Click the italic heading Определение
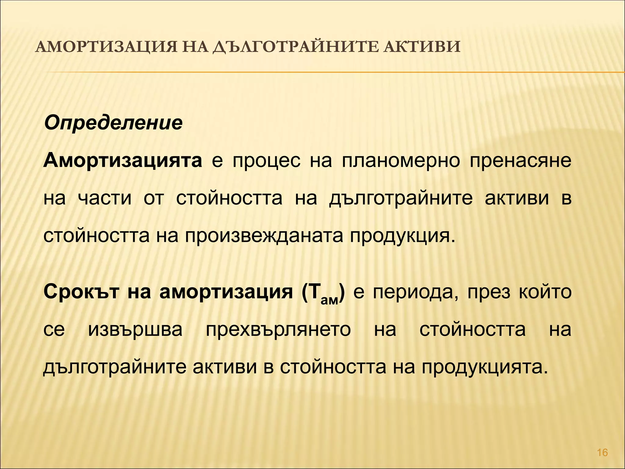tap(113, 123)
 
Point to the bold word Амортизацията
tap(123, 161)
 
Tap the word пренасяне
tap(520, 161)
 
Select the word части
tap(105, 198)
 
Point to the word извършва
tap(135, 330)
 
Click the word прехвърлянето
tap(278, 330)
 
